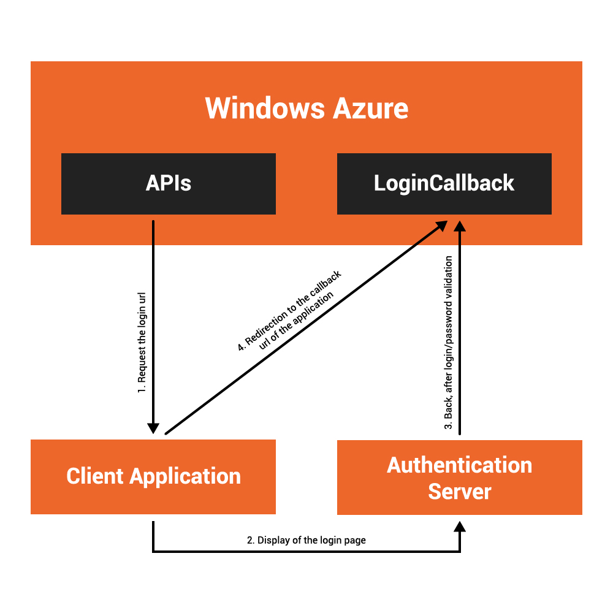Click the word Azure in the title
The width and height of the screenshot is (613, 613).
(371, 109)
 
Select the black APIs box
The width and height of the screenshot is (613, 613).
(169, 183)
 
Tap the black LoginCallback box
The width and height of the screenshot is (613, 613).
(444, 183)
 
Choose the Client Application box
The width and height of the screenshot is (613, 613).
(153, 476)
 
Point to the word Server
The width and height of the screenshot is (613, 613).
(460, 491)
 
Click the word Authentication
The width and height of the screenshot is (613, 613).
(460, 465)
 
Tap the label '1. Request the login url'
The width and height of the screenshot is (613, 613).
(141, 346)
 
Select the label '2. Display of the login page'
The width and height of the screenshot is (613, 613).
(306, 540)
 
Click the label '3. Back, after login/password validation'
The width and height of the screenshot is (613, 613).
(449, 342)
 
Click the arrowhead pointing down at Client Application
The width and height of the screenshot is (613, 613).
(153, 428)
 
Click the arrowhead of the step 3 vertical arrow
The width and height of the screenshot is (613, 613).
(460, 227)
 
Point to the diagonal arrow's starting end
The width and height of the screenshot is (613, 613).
(167, 432)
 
